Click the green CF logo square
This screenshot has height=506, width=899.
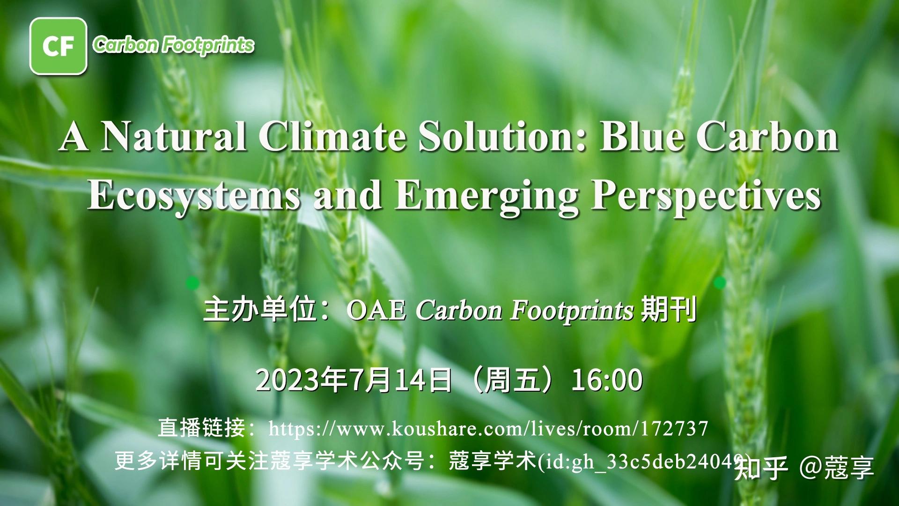pos(58,46)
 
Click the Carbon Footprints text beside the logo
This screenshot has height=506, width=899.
pos(173,45)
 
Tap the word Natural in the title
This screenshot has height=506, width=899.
pos(173,137)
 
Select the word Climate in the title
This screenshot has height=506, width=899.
pos(332,137)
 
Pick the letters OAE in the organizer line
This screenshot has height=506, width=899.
pos(376,311)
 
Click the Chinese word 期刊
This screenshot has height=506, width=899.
pos(669,310)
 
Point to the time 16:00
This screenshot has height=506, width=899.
pos(607,380)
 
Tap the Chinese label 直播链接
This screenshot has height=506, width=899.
pos(201,429)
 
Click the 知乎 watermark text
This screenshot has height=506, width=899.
pos(761,468)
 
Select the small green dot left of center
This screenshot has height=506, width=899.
pos(192,283)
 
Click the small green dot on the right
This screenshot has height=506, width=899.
pos(720,283)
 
